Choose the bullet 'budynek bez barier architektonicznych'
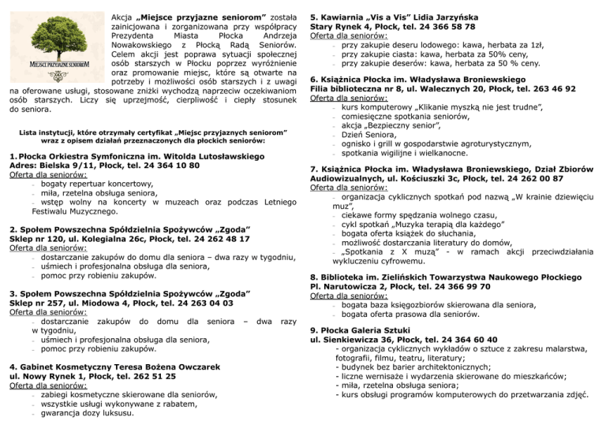pyautogui.click(x=413, y=366)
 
